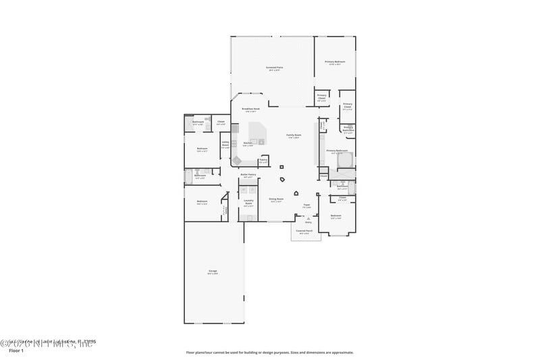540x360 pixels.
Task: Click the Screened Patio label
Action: (274, 68)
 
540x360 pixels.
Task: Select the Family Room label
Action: (293, 136)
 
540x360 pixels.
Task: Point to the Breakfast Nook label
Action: (249, 109)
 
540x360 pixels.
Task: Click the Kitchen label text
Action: (248, 143)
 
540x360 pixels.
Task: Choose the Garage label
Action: (213, 272)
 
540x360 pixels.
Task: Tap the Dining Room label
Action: (276, 199)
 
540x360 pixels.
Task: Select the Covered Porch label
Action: (304, 231)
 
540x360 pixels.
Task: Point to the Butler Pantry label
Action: (248, 176)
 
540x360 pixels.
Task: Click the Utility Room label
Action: (225, 144)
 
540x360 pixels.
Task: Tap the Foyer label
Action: (306, 205)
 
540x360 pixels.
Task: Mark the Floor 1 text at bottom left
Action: (16, 351)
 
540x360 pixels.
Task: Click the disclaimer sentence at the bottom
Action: (269, 352)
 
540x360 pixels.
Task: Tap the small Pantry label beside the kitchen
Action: (263, 161)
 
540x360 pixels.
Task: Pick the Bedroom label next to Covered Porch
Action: (335, 217)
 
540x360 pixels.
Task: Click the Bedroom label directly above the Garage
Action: (202, 201)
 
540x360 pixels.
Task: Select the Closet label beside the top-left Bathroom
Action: (221, 123)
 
